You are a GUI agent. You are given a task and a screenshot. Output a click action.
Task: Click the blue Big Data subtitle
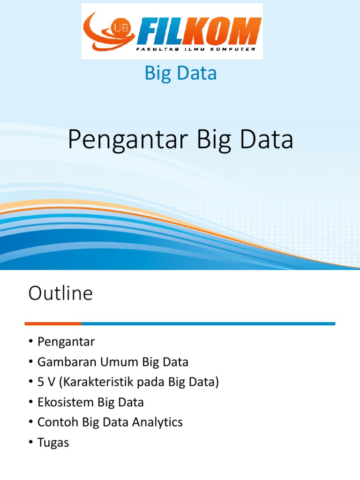click(180, 74)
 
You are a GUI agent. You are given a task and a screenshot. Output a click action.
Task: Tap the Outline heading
click(60, 294)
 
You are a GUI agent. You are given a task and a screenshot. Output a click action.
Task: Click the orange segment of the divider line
click(53, 323)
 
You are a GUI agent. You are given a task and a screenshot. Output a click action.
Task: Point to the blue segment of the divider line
click(208, 323)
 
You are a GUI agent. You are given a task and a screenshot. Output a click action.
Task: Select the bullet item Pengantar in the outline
click(66, 342)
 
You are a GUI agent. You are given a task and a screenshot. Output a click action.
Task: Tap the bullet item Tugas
click(53, 442)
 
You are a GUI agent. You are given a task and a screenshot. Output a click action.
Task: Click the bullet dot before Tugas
click(31, 442)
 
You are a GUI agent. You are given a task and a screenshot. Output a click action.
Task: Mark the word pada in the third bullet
click(149, 382)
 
